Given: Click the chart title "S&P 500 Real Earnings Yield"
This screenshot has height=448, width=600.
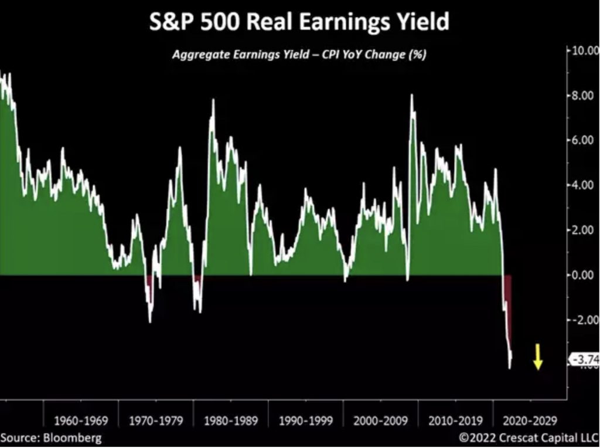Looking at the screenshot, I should (x=299, y=22).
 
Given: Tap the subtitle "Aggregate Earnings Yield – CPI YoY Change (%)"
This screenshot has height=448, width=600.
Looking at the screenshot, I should (x=299, y=55).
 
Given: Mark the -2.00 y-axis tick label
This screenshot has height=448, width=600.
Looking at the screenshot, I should (x=584, y=320).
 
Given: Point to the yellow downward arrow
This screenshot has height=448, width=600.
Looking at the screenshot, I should (x=537, y=358).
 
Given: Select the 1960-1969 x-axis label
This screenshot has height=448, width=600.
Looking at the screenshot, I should (x=81, y=421).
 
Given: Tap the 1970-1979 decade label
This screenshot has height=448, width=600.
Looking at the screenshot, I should (x=156, y=421).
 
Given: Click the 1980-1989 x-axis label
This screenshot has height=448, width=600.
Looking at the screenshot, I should (x=231, y=421).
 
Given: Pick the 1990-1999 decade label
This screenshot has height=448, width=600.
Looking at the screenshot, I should (x=306, y=421).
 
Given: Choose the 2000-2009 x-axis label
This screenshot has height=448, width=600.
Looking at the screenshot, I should (x=381, y=421).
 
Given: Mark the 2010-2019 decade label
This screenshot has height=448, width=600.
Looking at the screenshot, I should (x=455, y=421).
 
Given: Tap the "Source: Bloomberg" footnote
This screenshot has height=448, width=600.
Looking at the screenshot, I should (x=51, y=438).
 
